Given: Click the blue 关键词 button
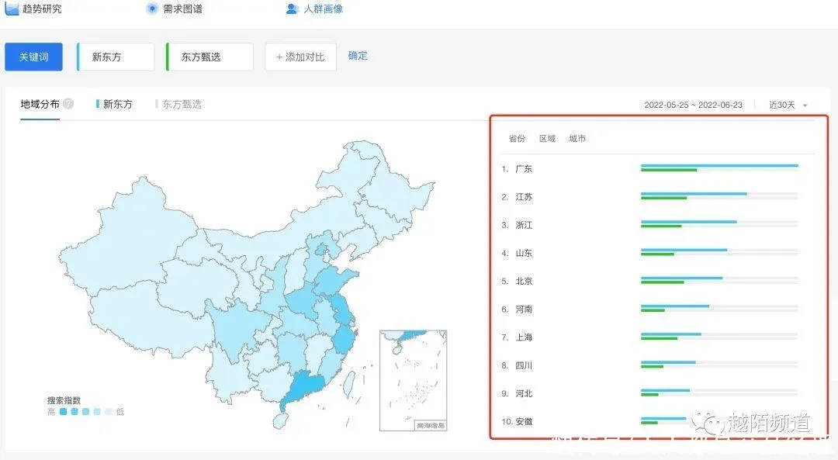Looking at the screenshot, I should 33,57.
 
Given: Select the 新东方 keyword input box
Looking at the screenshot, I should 116,57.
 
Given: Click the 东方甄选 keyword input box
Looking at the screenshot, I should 209,57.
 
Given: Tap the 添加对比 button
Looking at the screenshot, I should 300,57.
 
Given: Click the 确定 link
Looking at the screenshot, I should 358,56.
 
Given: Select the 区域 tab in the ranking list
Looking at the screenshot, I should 547,139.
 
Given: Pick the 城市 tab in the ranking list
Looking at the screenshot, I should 577,139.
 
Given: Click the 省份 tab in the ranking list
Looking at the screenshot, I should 517,139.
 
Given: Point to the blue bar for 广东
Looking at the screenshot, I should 719,165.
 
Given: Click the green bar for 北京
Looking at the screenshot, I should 662,282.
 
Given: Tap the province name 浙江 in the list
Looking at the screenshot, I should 524,225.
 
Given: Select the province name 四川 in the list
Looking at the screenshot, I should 524,365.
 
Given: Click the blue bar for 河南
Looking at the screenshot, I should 674,306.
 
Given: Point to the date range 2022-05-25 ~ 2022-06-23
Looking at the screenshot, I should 693,105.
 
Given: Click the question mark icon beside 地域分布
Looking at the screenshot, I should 68,104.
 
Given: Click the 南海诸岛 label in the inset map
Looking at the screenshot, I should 431,425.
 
